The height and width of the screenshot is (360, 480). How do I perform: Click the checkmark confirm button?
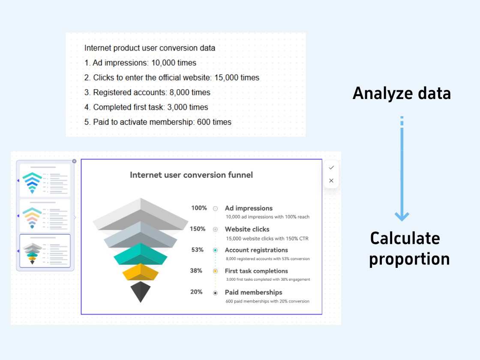[331, 168]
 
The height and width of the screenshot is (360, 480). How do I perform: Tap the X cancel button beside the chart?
[331, 180]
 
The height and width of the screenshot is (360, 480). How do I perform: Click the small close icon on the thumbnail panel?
[74, 161]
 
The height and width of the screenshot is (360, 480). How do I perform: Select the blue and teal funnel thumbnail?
[45, 180]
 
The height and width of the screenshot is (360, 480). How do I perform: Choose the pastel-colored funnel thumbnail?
[45, 216]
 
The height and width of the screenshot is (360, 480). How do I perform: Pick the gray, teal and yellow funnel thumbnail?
[45, 251]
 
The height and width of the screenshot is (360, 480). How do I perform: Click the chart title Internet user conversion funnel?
[191, 175]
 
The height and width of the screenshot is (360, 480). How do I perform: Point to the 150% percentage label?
[198, 229]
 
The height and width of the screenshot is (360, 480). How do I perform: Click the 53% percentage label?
[198, 250]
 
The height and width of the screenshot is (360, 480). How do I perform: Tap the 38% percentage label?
[196, 270]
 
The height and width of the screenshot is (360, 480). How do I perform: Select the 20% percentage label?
[197, 292]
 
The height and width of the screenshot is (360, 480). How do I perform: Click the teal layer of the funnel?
[141, 254]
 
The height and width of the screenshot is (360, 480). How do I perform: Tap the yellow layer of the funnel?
[141, 272]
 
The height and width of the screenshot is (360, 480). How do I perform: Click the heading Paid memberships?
[253, 292]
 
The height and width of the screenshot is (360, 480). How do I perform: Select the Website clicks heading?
[247, 229]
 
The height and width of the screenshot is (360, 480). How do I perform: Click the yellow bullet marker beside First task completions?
[215, 271]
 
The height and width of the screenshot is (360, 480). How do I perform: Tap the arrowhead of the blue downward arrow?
[402, 216]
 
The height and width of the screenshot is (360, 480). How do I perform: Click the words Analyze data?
[402, 93]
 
